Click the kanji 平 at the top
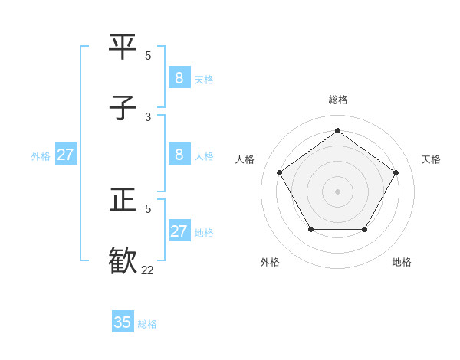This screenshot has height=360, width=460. pyautogui.click(x=123, y=47)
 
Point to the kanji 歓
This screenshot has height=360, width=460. pyautogui.click(x=123, y=260)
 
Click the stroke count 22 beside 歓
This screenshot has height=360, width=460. pyautogui.click(x=148, y=270)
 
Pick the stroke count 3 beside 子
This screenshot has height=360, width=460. pyautogui.click(x=148, y=116)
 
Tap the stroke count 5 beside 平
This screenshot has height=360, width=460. pyautogui.click(x=148, y=55)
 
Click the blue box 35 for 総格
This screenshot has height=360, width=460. pyautogui.click(x=123, y=322)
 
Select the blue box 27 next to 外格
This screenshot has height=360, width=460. pyautogui.click(x=65, y=155)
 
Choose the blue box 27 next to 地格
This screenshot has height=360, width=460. pyautogui.click(x=179, y=231)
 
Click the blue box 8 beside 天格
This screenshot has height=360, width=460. pyautogui.click(x=179, y=78)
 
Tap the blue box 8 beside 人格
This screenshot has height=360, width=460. pyautogui.click(x=179, y=155)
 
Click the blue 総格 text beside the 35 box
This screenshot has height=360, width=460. pyautogui.click(x=147, y=324)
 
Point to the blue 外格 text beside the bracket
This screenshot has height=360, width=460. pyautogui.click(x=41, y=156)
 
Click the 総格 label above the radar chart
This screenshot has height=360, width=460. pyautogui.click(x=337, y=100)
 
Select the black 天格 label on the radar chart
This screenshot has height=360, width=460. pyautogui.click(x=431, y=159)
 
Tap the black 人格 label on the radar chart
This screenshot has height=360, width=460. pyautogui.click(x=245, y=159)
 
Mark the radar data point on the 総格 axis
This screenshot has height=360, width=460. pyautogui.click(x=337, y=131)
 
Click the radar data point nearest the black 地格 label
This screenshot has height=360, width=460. pyautogui.click(x=364, y=229)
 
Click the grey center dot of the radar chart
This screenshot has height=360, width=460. pyautogui.click(x=337, y=191)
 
